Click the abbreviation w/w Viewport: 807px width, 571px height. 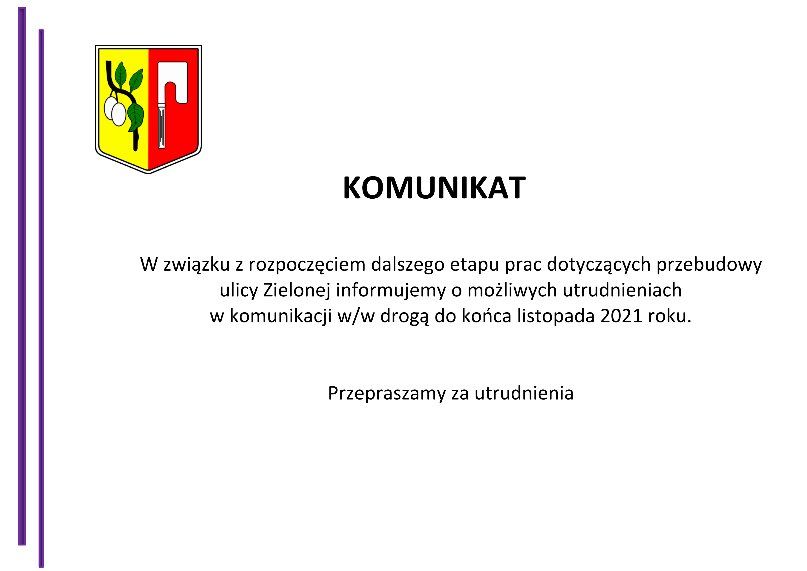point(356,316)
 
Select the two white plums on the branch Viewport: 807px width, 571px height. point(115,111)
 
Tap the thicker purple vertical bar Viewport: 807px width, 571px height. point(22,276)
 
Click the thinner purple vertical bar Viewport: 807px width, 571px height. point(41,298)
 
